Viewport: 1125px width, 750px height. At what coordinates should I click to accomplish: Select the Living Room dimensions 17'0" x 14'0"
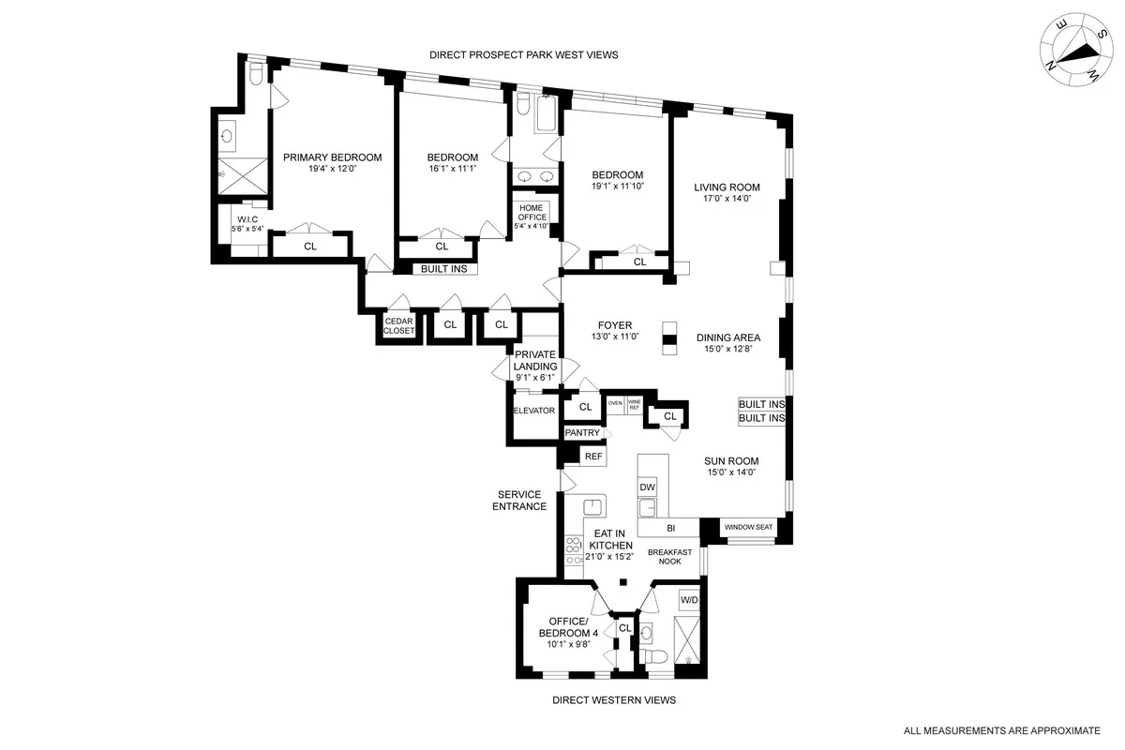point(727,199)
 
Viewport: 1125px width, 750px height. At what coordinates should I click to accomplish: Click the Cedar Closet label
point(398,325)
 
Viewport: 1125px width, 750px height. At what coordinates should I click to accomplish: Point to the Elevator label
point(534,411)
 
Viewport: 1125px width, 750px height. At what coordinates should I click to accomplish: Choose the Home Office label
point(532,213)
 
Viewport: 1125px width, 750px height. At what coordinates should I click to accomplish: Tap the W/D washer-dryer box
point(688,599)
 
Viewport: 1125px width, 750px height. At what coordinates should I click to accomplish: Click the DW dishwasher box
point(647,487)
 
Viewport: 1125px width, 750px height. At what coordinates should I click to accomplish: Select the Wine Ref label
point(634,405)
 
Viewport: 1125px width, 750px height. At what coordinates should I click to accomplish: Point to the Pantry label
point(581,433)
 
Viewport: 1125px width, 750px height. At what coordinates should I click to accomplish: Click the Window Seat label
point(748,528)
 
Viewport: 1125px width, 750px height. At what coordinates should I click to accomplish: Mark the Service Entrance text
point(522,501)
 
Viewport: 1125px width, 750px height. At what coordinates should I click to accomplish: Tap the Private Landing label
point(535,360)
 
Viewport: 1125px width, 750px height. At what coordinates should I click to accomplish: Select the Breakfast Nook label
point(669,558)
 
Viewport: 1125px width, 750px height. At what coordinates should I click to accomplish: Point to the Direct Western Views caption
point(613,700)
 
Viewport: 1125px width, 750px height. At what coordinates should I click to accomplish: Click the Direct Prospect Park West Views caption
point(523,55)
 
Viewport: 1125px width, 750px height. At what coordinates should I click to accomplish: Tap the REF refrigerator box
point(592,457)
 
